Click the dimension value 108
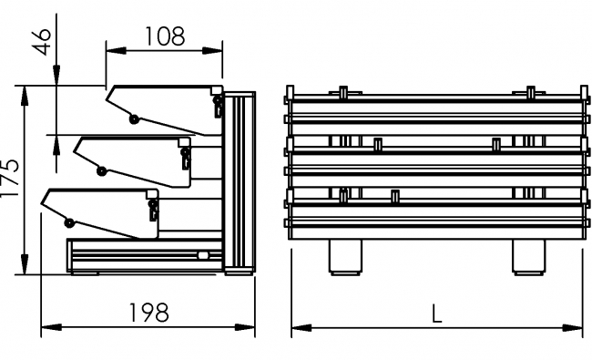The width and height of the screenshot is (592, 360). point(164,36)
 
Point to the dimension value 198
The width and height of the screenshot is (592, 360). point(148,312)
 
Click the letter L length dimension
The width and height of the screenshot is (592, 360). point(437,313)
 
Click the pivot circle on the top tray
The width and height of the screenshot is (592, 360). point(134,118)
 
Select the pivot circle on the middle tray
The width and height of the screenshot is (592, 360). point(101,170)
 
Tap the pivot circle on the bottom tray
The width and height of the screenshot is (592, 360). point(69,222)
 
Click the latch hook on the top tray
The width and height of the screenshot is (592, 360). point(218,106)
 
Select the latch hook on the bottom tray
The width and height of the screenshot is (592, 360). point(153,211)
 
